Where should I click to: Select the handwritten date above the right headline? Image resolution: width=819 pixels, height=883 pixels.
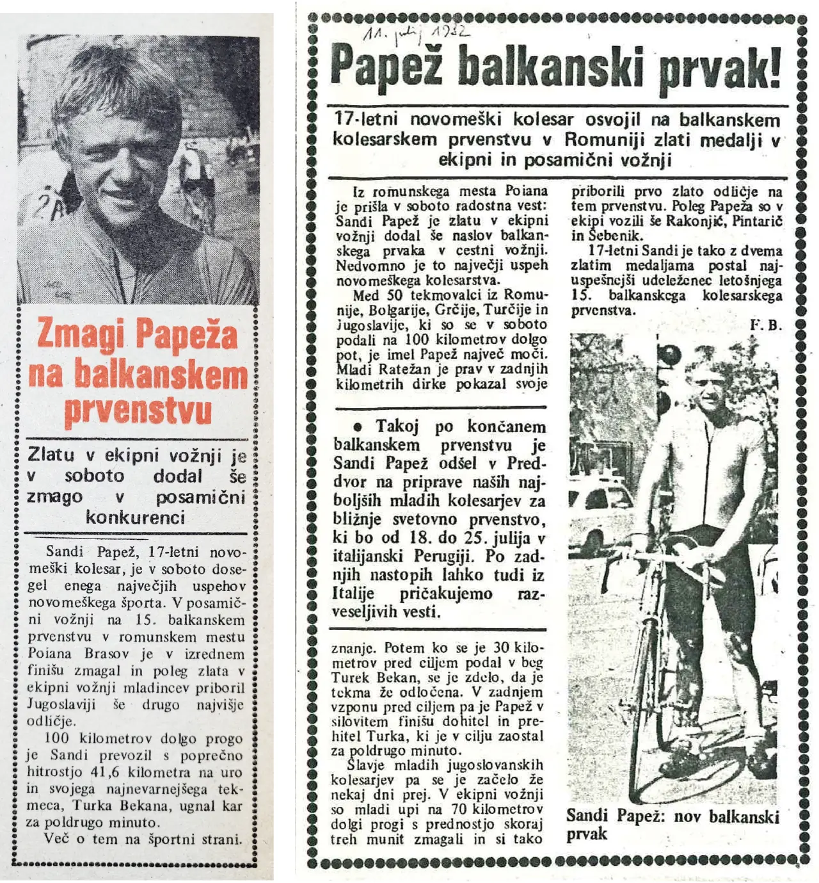[415, 35]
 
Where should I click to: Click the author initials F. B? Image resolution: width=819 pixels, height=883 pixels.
[767, 325]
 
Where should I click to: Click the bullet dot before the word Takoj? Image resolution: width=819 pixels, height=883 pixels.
[358, 427]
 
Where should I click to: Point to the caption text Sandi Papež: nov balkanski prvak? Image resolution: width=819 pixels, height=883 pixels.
[672, 825]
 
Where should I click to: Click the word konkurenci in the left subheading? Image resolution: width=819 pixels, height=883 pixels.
[135, 517]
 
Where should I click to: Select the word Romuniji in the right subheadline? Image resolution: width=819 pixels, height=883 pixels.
[602, 139]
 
